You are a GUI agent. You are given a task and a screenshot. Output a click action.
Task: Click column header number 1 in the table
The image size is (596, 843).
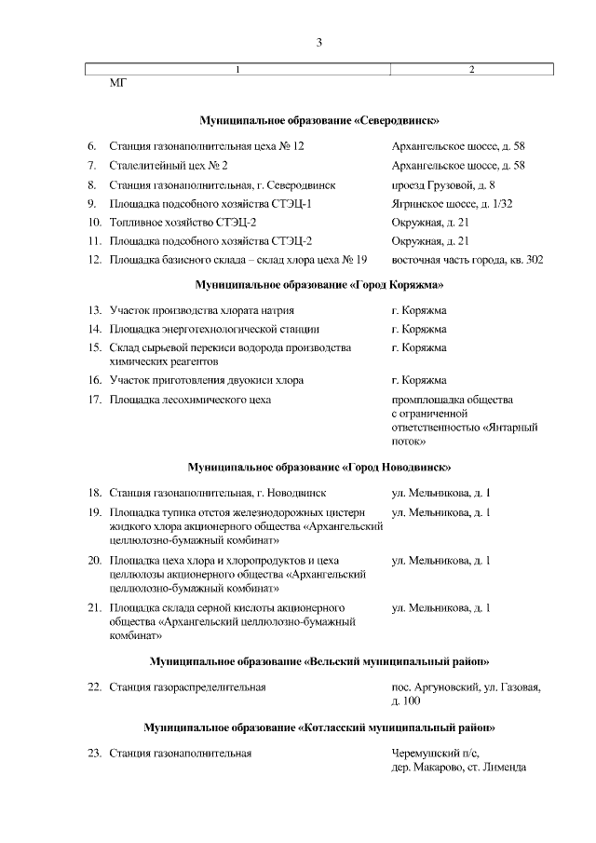click(237, 70)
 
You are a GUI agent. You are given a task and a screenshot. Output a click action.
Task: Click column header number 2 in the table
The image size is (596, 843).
click(471, 70)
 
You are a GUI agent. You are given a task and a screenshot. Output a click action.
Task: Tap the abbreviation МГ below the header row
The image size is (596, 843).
click(118, 84)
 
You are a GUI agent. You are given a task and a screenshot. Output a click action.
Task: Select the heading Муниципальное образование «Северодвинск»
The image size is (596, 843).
click(319, 121)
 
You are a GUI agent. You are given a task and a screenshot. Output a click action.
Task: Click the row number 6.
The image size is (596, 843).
click(91, 147)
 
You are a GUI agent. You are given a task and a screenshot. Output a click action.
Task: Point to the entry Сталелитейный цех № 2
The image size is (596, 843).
click(169, 166)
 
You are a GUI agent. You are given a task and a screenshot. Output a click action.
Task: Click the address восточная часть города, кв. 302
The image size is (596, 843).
click(467, 259)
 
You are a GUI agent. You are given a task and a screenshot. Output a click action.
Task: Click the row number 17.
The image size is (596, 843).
click(93, 400)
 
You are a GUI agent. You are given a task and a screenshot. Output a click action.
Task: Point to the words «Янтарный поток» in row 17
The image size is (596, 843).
click(466, 433)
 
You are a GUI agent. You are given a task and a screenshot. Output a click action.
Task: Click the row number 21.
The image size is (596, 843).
click(93, 608)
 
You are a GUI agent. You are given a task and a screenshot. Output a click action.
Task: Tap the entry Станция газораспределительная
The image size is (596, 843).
click(187, 687)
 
